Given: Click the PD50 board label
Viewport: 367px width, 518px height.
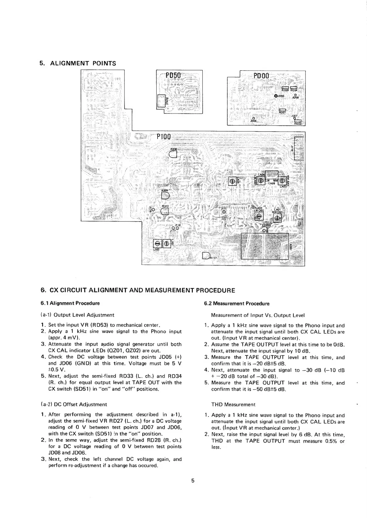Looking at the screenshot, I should (x=175, y=76).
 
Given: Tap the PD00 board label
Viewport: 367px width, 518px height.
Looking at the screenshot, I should (x=261, y=76).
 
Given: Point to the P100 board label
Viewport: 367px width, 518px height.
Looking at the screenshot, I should (x=163, y=136).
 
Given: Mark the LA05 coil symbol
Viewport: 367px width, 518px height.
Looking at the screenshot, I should (x=232, y=182).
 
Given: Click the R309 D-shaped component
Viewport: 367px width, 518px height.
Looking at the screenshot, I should (x=165, y=196).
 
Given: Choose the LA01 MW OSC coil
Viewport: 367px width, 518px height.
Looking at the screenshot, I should (x=277, y=218).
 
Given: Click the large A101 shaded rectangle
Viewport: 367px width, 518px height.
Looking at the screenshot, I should (x=264, y=246).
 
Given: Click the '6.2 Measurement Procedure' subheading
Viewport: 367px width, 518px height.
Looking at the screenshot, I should (x=237, y=303).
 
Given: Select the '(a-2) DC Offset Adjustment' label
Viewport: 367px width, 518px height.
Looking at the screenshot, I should (x=74, y=404).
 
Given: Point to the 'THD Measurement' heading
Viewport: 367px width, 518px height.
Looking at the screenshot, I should (x=233, y=404).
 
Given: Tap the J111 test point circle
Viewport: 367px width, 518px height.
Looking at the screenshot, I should (x=224, y=212).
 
